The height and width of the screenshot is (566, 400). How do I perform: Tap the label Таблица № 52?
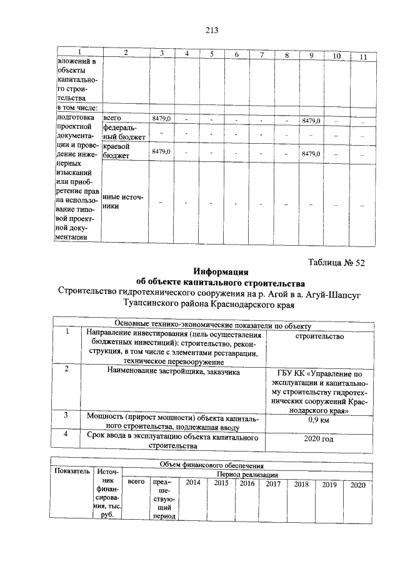click(x=336, y=263)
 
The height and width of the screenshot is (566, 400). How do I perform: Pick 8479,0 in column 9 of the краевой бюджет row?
click(x=310, y=154)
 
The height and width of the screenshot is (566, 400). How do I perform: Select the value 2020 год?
click(x=319, y=439)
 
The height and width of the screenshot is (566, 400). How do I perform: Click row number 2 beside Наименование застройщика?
click(x=67, y=369)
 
